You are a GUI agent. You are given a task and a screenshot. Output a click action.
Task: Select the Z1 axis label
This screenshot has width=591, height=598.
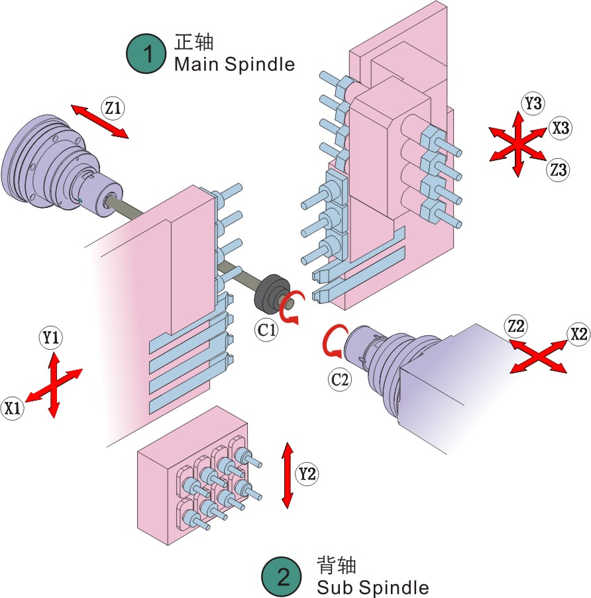coord(113,107)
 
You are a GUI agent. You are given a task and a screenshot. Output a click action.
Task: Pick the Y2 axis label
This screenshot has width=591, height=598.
coord(306,473)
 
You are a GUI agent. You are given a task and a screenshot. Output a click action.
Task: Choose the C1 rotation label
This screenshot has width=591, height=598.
coord(267,329)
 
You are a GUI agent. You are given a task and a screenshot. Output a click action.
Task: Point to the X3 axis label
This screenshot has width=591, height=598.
coord(561,128)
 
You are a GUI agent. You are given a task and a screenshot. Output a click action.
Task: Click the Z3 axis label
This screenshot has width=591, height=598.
coord(558,170)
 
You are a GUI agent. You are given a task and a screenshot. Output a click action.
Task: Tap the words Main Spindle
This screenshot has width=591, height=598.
coord(234,64)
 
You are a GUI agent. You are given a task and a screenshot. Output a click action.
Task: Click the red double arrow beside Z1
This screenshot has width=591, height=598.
coord(99,121)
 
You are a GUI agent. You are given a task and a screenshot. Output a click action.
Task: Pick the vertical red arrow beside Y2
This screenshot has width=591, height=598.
coord(287,475)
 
